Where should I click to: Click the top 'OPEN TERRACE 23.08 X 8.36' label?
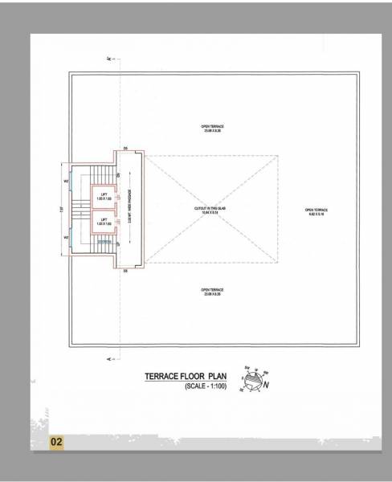[213, 129]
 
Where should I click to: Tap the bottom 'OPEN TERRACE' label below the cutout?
[213, 290]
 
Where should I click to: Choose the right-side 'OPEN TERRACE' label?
[314, 212]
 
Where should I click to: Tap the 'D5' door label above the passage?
[126, 149]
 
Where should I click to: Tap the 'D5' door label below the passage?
[126, 270]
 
